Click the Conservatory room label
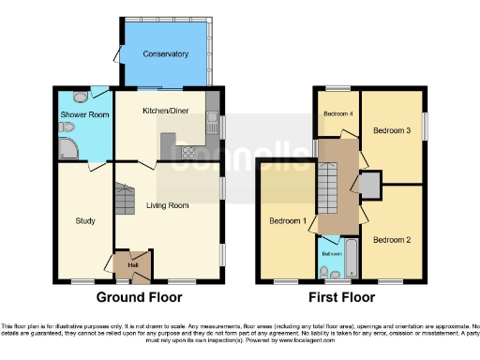(x=166, y=53)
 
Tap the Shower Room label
(x=85, y=115)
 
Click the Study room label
(x=85, y=221)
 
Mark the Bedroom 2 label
(x=392, y=240)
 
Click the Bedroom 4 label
(x=337, y=113)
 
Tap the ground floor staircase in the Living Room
(x=125, y=198)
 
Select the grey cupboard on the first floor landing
(x=369, y=185)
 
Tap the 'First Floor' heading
(x=342, y=297)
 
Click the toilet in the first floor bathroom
(x=324, y=272)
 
